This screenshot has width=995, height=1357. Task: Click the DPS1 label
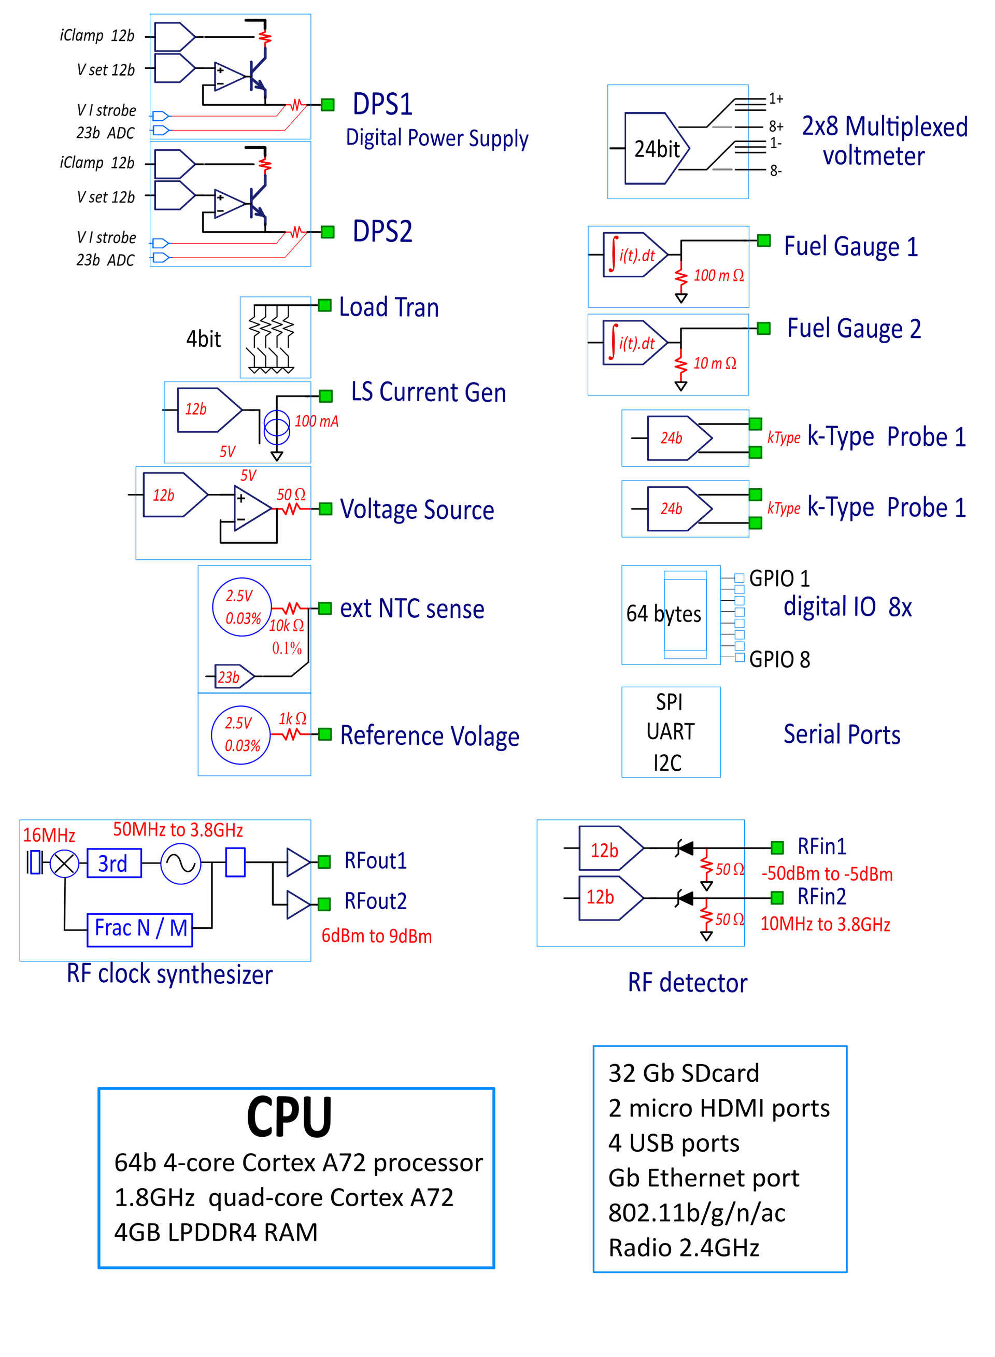(x=382, y=105)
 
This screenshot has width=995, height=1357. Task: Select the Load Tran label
(x=389, y=307)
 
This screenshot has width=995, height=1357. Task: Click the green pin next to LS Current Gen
(x=326, y=395)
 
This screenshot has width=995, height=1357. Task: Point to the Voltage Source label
(x=417, y=510)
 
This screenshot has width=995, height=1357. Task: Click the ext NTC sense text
(x=412, y=609)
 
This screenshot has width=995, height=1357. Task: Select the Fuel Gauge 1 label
(x=850, y=246)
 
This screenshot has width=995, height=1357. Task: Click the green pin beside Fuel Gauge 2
(x=764, y=328)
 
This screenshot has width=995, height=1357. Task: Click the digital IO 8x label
(x=847, y=607)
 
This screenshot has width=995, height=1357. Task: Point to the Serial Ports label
(x=842, y=734)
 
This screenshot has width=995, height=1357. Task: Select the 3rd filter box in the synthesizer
(x=114, y=863)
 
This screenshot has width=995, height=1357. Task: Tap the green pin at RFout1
(x=324, y=862)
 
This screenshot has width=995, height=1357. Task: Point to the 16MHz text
(x=49, y=835)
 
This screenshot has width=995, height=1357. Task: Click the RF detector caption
(x=687, y=983)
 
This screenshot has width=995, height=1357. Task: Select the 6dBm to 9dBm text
(x=376, y=936)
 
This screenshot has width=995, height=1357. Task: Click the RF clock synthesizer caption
(x=170, y=974)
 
